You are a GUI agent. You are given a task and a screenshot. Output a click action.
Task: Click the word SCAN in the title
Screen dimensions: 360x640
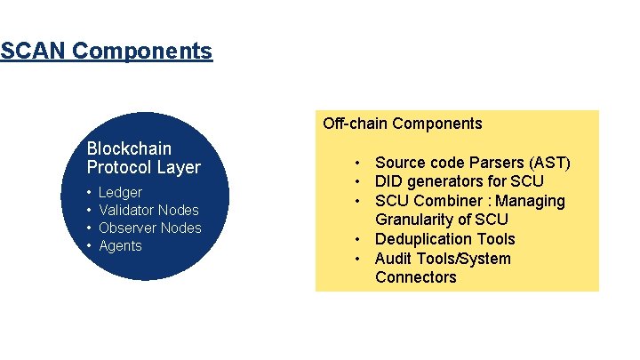click(34, 51)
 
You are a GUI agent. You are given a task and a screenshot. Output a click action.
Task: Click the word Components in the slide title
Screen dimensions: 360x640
click(142, 51)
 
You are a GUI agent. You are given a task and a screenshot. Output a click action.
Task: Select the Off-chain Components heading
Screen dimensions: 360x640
click(402, 124)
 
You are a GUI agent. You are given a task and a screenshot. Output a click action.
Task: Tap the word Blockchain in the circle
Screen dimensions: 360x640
click(129, 148)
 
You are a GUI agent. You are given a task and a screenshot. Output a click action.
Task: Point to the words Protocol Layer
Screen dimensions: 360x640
click(144, 167)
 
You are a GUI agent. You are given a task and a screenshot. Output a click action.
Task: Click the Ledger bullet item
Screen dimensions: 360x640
click(120, 192)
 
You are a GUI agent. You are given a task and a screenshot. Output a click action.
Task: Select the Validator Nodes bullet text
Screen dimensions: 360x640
click(148, 210)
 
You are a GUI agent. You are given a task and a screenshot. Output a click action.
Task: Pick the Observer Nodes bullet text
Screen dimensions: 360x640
click(150, 228)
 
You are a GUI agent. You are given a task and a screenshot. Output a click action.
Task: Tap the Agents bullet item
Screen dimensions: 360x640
click(120, 245)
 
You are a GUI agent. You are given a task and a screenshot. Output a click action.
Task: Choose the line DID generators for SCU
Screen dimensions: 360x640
click(459, 181)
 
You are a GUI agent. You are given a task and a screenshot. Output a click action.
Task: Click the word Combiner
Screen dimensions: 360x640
click(443, 201)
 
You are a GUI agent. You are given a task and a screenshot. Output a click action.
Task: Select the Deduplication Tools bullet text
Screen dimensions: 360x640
click(444, 239)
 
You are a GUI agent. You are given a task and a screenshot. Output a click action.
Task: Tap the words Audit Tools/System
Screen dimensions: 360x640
click(443, 259)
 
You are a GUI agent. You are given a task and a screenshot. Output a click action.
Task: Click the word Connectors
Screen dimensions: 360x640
click(415, 277)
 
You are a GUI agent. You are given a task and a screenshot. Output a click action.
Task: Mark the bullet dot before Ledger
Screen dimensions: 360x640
click(90, 193)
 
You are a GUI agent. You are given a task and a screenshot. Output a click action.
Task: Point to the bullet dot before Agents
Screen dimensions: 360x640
click(90, 246)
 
